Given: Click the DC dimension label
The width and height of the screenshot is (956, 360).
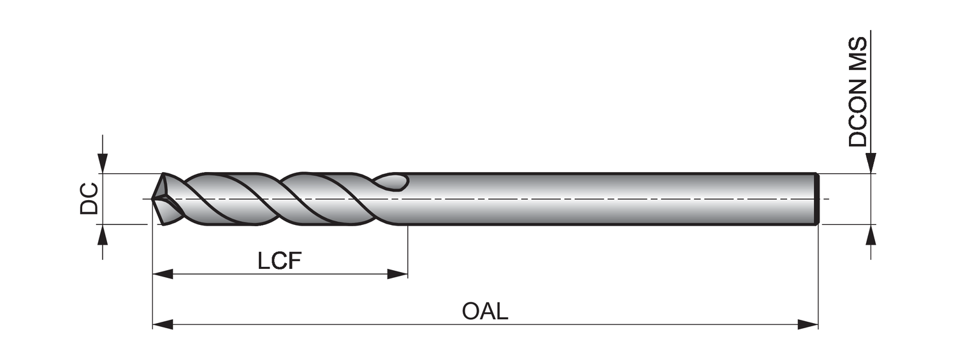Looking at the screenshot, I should (x=89, y=198).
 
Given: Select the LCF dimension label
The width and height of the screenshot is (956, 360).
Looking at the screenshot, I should (x=279, y=261).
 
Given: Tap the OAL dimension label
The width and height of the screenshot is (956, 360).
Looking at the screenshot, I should (x=485, y=312).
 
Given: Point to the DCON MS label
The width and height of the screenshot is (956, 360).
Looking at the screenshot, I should (x=858, y=92).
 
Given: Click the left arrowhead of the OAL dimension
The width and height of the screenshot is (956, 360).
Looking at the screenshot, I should (x=163, y=325).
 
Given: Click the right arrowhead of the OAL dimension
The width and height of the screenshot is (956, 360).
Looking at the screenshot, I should (x=808, y=325).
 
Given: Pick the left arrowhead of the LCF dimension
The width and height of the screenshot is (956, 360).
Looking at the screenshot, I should (x=163, y=274).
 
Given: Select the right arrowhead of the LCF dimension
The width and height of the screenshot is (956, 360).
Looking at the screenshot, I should (x=398, y=274).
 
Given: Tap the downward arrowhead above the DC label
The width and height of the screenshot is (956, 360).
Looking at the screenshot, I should (x=103, y=163).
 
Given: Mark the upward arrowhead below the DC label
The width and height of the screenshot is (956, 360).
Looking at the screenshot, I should (x=103, y=234).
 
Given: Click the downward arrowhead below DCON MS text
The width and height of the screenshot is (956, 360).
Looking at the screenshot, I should (x=871, y=163).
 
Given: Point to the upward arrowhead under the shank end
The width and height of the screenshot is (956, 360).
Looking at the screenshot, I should (x=871, y=234).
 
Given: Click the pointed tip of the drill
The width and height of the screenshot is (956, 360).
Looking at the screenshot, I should (x=154, y=199).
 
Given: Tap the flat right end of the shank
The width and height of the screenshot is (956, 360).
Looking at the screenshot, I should (x=816, y=199).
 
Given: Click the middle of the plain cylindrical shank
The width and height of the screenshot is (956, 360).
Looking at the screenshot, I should (x=612, y=199).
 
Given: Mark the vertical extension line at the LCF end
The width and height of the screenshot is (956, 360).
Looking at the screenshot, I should (x=407, y=252).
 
